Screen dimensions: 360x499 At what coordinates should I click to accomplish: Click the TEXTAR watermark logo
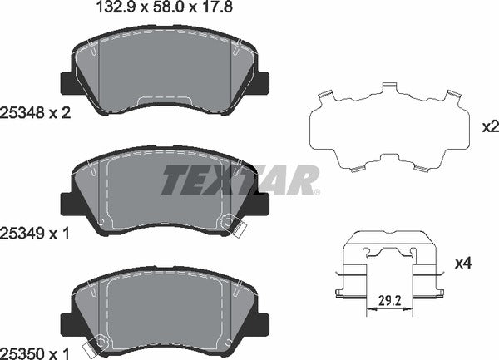point(241,180)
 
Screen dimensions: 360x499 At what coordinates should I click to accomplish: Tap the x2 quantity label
point(488,128)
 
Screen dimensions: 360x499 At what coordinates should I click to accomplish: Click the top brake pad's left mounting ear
point(67,83)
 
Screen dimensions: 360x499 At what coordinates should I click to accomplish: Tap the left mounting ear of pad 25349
point(67,203)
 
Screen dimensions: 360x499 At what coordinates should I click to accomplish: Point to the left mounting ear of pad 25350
point(67,321)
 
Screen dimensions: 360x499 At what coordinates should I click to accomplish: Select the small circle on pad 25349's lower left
point(101,222)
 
